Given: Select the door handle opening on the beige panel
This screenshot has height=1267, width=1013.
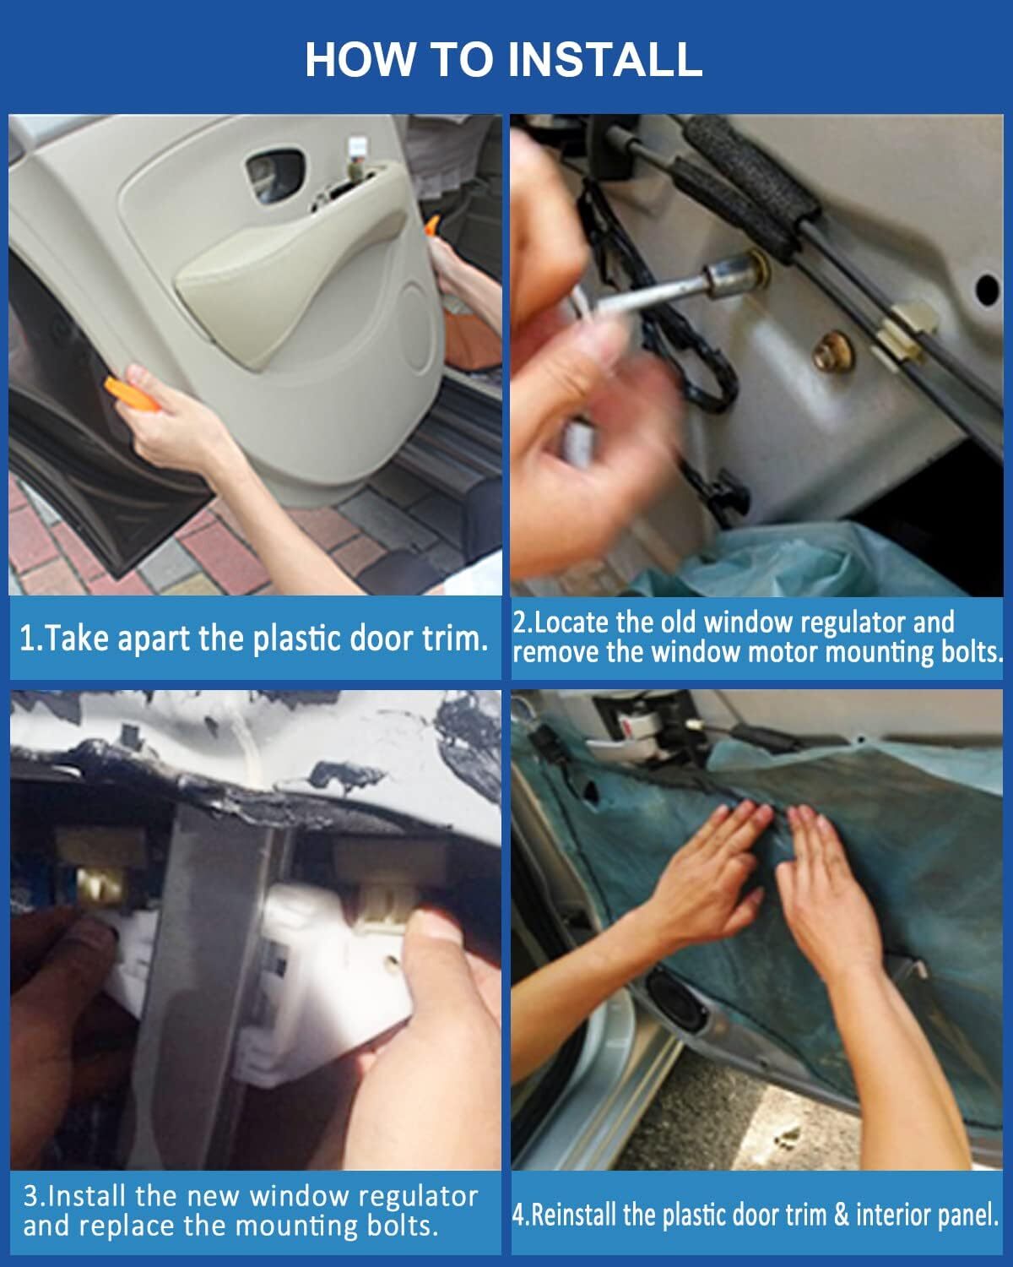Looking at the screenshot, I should (x=274, y=171).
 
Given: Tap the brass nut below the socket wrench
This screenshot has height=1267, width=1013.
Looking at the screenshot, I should (x=833, y=353).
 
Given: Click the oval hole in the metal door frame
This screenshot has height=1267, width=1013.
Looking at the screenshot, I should (x=986, y=289).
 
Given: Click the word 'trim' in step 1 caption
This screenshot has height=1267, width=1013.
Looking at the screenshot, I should (x=455, y=639).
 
